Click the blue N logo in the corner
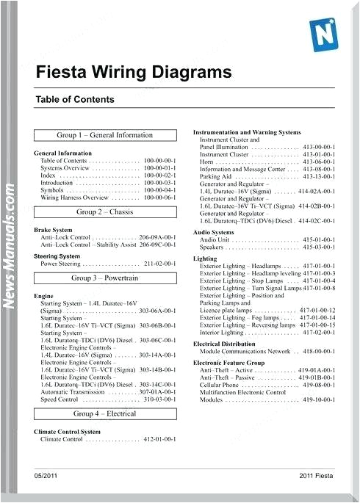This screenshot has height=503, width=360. tap(324, 33)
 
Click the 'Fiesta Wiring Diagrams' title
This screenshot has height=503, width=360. tap(133, 72)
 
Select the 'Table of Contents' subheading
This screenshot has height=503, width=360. tap(74, 100)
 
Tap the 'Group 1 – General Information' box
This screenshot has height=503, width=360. tap(105, 135)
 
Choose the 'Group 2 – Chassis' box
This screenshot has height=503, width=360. tap(105, 212)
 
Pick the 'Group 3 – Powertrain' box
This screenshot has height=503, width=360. tap(105, 278)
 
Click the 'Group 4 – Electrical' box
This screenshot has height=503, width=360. tap(105, 414)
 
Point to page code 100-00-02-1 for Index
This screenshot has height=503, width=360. tap(160, 176)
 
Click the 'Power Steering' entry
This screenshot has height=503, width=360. tap(60, 264)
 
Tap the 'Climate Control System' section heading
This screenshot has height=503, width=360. tap(68, 432)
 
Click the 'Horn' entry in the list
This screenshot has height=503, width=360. tap(206, 162)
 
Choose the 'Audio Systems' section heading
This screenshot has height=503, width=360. tap(214, 232)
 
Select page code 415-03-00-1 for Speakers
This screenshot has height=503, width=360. tap(319, 247)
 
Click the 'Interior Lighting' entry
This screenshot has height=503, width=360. tap(225, 333)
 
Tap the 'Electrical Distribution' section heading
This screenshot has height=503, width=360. tap(224, 344)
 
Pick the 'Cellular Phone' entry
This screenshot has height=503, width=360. tap(219, 385)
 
